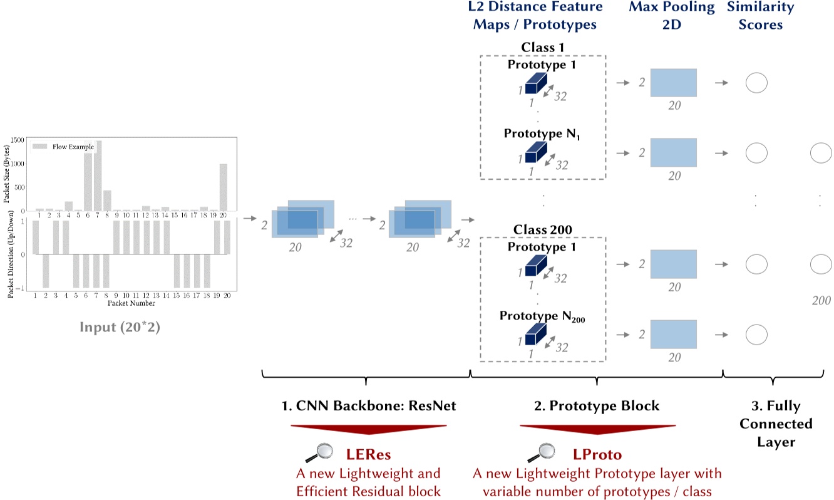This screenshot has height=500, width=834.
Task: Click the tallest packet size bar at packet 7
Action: (x=98, y=176)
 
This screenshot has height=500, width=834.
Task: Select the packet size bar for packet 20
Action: (x=224, y=187)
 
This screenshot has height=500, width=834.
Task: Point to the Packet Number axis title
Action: (x=131, y=303)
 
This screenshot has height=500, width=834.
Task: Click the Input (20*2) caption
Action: (x=120, y=327)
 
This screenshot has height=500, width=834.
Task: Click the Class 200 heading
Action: (x=543, y=230)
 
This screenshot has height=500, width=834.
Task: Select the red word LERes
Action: (x=369, y=453)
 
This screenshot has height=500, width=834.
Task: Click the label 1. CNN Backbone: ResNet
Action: (x=369, y=406)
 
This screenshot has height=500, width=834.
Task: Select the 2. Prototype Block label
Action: (x=597, y=406)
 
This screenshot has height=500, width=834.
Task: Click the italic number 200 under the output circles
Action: (x=821, y=301)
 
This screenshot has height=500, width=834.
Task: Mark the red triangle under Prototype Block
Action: (x=597, y=430)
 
